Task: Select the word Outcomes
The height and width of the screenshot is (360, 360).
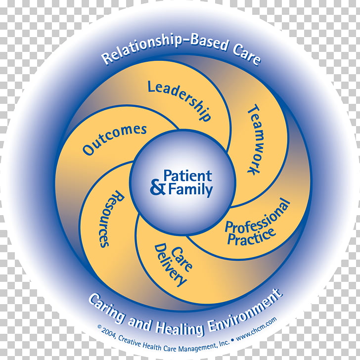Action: [x=115, y=139]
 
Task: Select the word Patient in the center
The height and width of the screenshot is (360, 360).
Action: [x=187, y=176]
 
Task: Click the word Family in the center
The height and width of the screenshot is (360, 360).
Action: [x=190, y=189]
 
